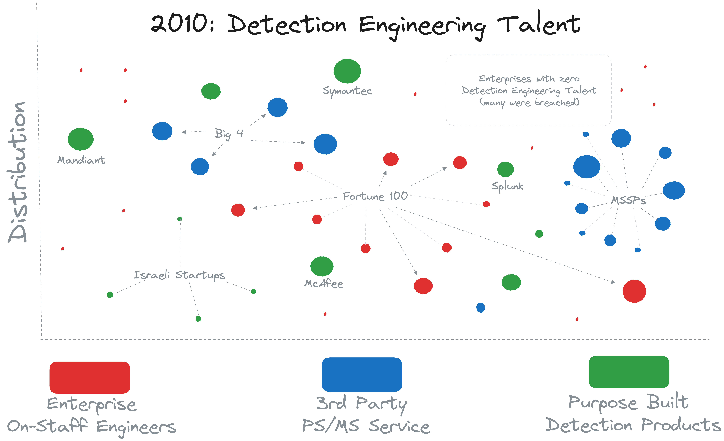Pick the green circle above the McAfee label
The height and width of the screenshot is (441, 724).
point(322,266)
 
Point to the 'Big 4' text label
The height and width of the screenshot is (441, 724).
point(229,134)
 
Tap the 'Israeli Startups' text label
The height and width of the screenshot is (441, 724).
point(179,275)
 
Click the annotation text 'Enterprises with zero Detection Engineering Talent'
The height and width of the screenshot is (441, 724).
point(529,90)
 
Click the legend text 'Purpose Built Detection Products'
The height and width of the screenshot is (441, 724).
point(632,414)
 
